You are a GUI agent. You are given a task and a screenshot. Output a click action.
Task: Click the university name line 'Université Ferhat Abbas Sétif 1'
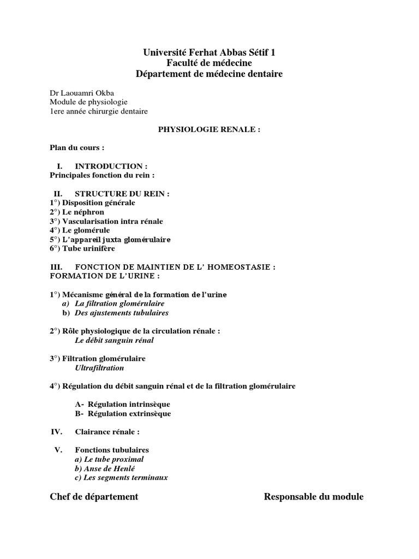click(x=209, y=52)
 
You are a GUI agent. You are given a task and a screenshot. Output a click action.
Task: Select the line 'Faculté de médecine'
click(x=209, y=63)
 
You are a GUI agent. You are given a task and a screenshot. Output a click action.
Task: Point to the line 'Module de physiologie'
click(x=88, y=102)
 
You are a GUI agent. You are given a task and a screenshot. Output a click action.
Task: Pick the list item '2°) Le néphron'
click(x=76, y=212)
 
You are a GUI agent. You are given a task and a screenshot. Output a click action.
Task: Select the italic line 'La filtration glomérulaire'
click(x=119, y=304)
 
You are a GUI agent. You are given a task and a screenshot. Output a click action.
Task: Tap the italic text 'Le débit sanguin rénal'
click(x=114, y=340)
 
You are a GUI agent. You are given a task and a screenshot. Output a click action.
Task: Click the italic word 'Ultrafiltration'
click(x=99, y=368)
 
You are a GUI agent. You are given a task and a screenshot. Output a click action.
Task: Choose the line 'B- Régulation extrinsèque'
click(x=123, y=413)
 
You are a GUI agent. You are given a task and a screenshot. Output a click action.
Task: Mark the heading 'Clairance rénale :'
click(x=107, y=432)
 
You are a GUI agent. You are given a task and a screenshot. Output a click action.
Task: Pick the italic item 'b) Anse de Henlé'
click(x=105, y=468)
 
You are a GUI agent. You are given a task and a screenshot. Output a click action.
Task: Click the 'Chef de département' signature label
click(x=94, y=497)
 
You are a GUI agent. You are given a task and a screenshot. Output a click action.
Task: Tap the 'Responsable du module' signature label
click(x=314, y=497)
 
